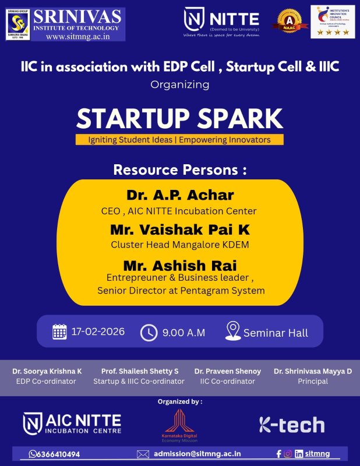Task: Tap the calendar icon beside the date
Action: (59, 332)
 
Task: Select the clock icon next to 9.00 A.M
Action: (149, 333)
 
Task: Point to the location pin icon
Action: (232, 331)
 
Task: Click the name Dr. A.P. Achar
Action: (179, 196)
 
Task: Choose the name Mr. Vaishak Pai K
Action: (179, 230)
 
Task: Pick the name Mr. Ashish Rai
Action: (179, 265)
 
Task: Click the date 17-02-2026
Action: (98, 332)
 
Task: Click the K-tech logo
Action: (291, 425)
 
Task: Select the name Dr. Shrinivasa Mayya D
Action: (312, 371)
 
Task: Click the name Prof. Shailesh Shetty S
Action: (140, 371)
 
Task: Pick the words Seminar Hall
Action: (276, 333)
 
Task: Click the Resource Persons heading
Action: (179, 170)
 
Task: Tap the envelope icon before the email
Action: (143, 454)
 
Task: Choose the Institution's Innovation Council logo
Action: (332, 22)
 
